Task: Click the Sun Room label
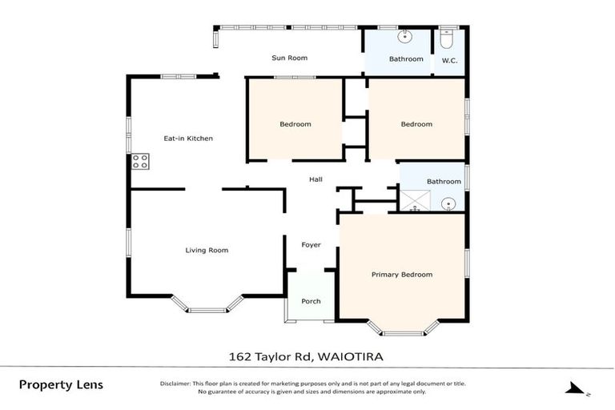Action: click(289, 58)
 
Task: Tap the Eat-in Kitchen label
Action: click(188, 139)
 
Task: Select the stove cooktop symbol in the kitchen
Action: click(141, 162)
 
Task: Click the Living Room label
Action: click(207, 251)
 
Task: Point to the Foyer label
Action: click(311, 244)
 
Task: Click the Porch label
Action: click(311, 301)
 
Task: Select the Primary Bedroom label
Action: click(401, 275)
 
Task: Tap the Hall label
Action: click(316, 179)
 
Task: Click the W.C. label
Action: click(448, 59)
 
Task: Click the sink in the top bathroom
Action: click(406, 36)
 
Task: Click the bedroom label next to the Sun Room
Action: click(295, 124)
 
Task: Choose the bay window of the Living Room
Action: click(207, 305)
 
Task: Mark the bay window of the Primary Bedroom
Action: click(403, 327)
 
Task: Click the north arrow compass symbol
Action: click(575, 389)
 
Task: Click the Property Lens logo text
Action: click(61, 385)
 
